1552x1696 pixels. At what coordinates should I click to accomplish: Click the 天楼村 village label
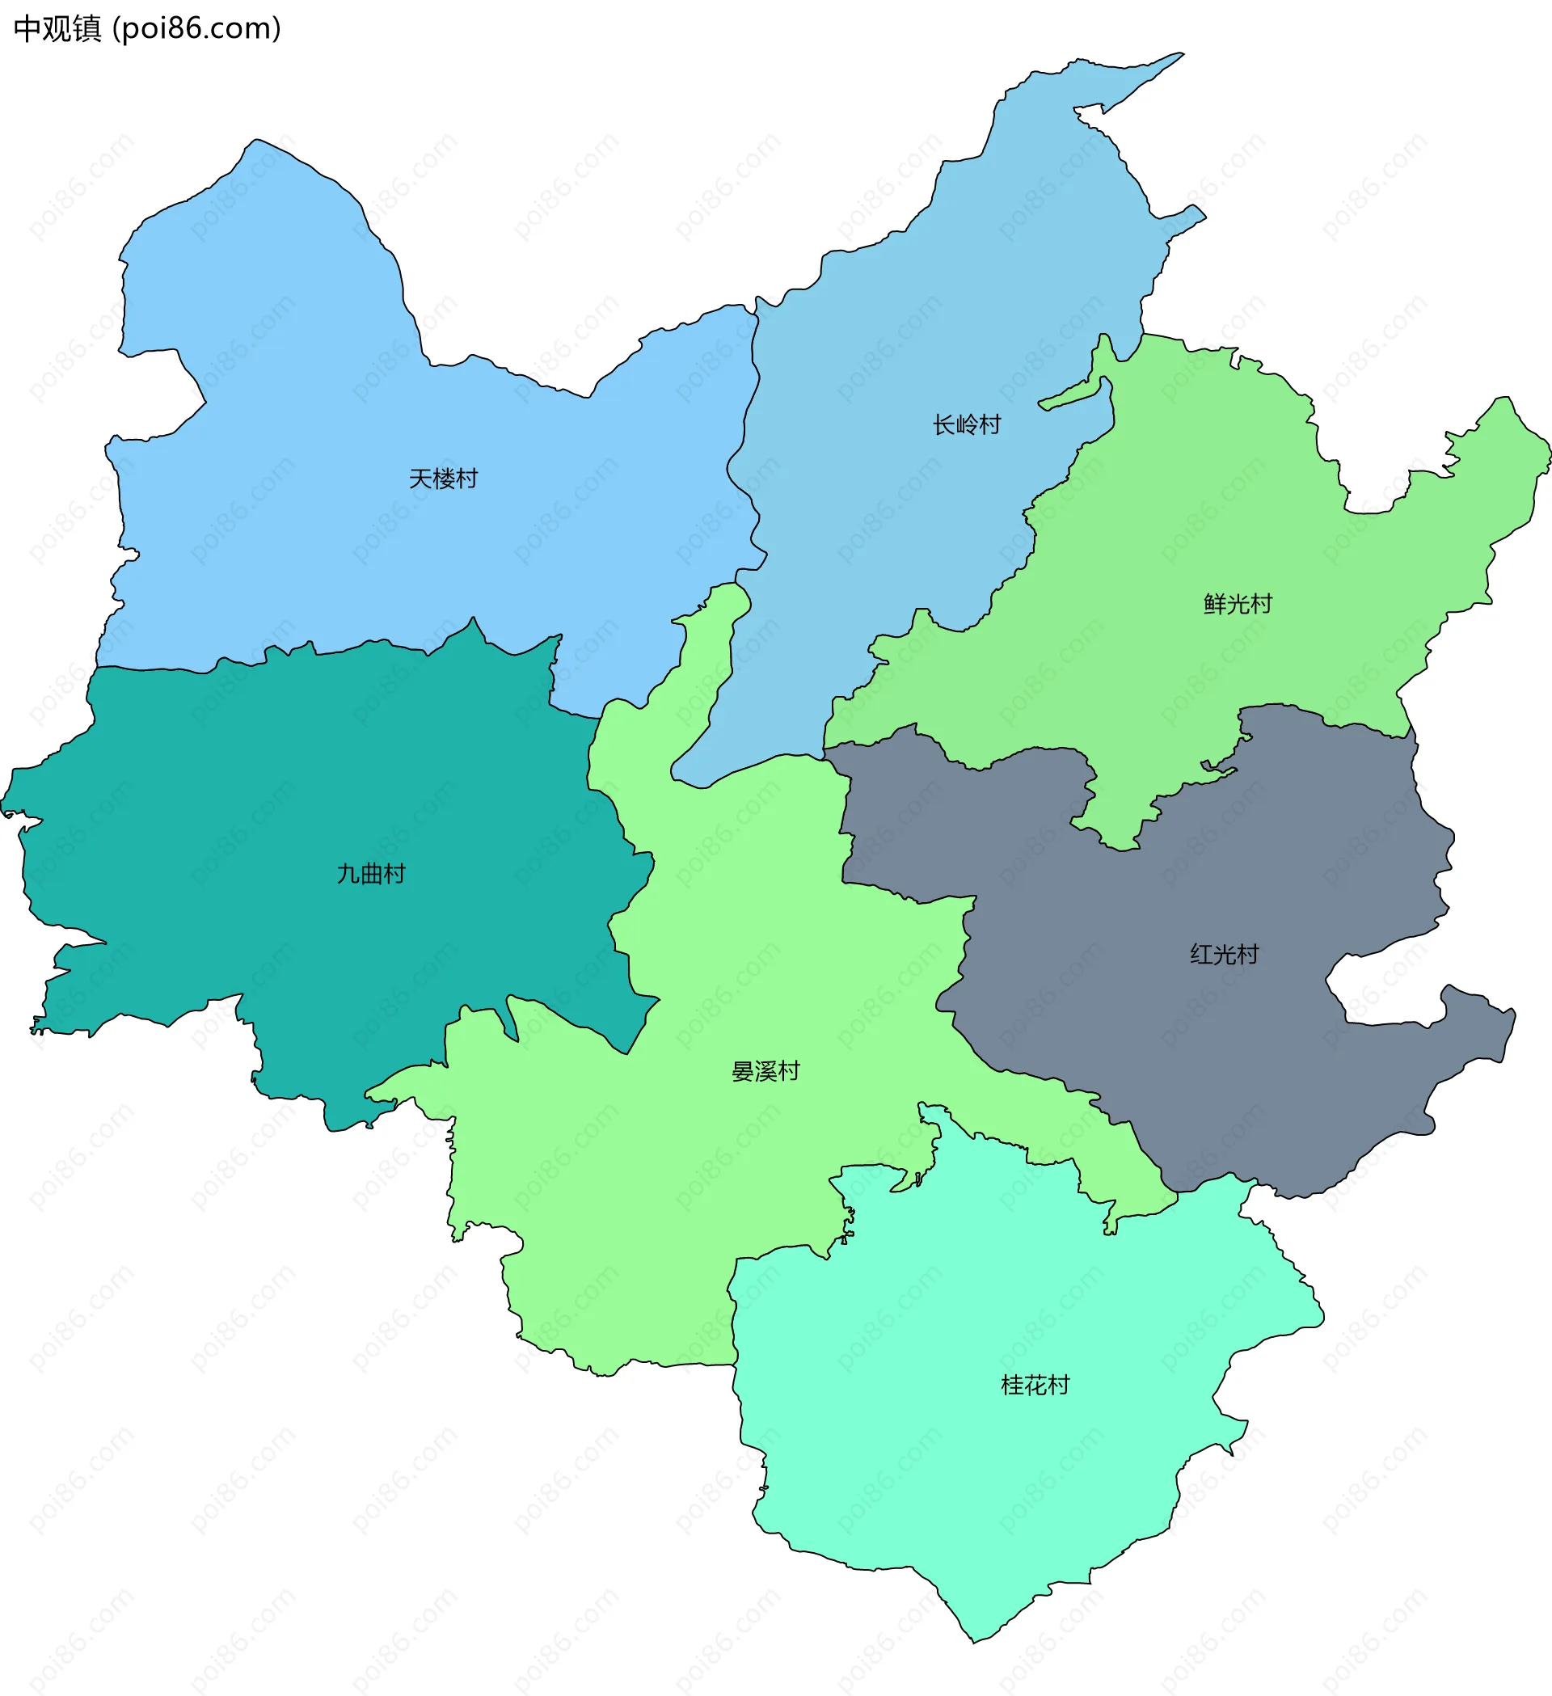click(x=443, y=479)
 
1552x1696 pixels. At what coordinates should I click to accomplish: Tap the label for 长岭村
click(x=967, y=425)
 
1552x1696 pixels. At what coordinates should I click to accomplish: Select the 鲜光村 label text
click(x=1238, y=604)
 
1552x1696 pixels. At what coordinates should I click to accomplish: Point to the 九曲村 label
click(x=371, y=874)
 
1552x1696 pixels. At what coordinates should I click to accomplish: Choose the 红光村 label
click(x=1224, y=954)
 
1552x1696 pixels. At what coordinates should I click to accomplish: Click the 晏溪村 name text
click(x=765, y=1071)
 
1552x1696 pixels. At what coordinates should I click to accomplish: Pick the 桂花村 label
click(x=1035, y=1385)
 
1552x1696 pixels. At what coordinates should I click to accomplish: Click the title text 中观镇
click(x=57, y=28)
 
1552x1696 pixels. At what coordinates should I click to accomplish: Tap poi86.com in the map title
click(x=197, y=28)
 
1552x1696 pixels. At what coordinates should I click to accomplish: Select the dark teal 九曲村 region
click(x=252, y=799)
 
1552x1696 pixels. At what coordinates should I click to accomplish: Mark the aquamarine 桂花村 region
click(x=968, y=1472)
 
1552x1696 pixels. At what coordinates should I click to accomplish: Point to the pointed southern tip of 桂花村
click(x=975, y=1639)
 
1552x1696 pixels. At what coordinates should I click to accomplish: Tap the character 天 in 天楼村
click(x=420, y=479)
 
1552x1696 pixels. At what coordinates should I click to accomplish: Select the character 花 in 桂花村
click(x=1035, y=1385)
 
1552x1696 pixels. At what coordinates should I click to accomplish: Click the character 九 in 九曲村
click(x=348, y=874)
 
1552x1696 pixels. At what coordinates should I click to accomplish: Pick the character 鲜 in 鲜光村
click(x=1215, y=604)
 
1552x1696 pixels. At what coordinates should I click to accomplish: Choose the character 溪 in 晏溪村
click(x=765, y=1071)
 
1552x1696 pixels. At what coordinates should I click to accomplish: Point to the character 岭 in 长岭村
click(x=967, y=425)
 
